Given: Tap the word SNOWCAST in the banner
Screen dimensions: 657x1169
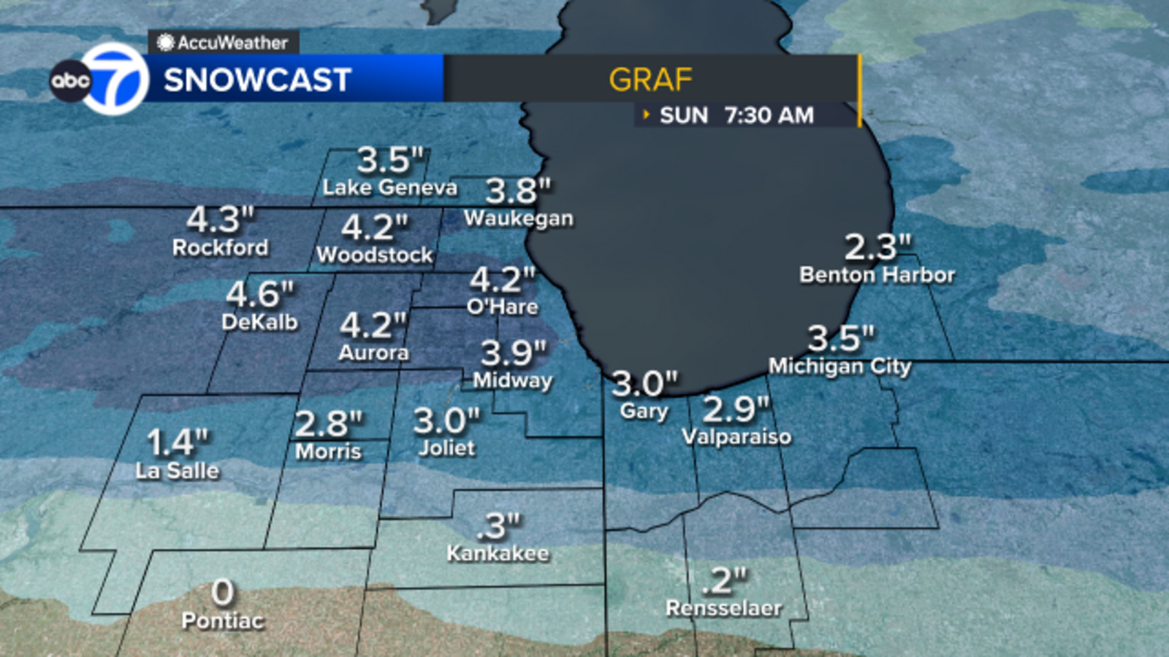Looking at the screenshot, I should pyautogui.click(x=257, y=80).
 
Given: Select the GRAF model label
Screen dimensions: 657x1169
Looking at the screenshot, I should pyautogui.click(x=650, y=80).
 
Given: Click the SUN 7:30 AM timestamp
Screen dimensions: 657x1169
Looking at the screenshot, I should pyautogui.click(x=736, y=115).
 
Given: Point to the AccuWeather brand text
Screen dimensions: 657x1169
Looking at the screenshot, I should pyautogui.click(x=232, y=43).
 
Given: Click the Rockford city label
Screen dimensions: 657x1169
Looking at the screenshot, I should pyautogui.click(x=220, y=248).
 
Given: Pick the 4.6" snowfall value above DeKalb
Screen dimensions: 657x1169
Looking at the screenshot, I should pyautogui.click(x=259, y=294).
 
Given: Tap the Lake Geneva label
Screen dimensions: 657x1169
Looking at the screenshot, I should pyautogui.click(x=389, y=188).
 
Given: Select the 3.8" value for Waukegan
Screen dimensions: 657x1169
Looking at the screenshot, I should pyautogui.click(x=517, y=191).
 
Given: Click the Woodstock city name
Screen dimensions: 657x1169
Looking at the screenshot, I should pyautogui.click(x=375, y=255).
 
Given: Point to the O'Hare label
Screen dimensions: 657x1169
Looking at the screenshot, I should pyautogui.click(x=503, y=307).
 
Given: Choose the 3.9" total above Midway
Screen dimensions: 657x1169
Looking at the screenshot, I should pyautogui.click(x=513, y=353).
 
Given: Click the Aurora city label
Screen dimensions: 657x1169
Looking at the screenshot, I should pyautogui.click(x=373, y=353).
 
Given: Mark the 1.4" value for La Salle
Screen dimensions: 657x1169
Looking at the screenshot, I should pyautogui.click(x=178, y=442).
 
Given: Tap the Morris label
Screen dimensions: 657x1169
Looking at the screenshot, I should pyautogui.click(x=328, y=452).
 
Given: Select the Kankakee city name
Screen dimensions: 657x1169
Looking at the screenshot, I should pyautogui.click(x=498, y=553).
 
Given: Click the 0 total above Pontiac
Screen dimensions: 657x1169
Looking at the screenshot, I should pyautogui.click(x=223, y=592).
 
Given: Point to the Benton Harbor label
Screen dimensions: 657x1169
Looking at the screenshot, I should pyautogui.click(x=877, y=275).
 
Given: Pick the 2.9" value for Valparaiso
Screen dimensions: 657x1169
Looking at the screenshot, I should pyautogui.click(x=735, y=410).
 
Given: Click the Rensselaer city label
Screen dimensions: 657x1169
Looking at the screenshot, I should pyautogui.click(x=723, y=608).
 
